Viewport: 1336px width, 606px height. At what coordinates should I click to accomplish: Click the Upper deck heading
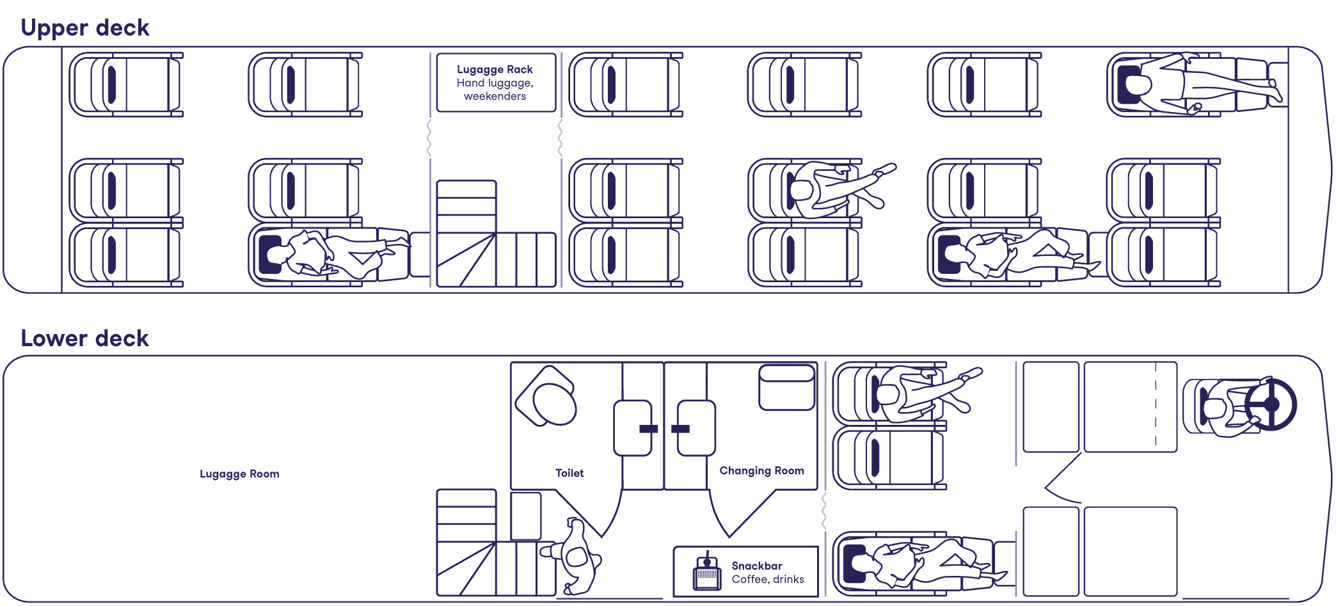click(84, 28)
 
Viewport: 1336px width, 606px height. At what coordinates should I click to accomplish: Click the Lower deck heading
click(84, 339)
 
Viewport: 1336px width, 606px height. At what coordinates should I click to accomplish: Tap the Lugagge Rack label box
click(495, 83)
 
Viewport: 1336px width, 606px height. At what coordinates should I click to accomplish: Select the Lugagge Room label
click(239, 474)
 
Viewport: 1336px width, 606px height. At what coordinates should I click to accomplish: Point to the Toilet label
click(569, 473)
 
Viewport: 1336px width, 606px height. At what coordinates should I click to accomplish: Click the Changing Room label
click(761, 470)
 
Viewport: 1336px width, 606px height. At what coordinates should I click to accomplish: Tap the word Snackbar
click(757, 566)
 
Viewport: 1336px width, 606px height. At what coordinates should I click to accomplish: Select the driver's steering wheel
click(1271, 404)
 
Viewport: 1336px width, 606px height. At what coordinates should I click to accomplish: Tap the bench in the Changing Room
click(786, 387)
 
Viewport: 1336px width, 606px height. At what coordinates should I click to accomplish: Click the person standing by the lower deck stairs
click(576, 555)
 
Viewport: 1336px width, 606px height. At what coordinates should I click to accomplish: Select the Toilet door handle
click(648, 429)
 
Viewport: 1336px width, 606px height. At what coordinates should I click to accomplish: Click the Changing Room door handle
click(681, 429)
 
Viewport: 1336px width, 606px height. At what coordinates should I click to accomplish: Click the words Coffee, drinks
click(768, 579)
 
